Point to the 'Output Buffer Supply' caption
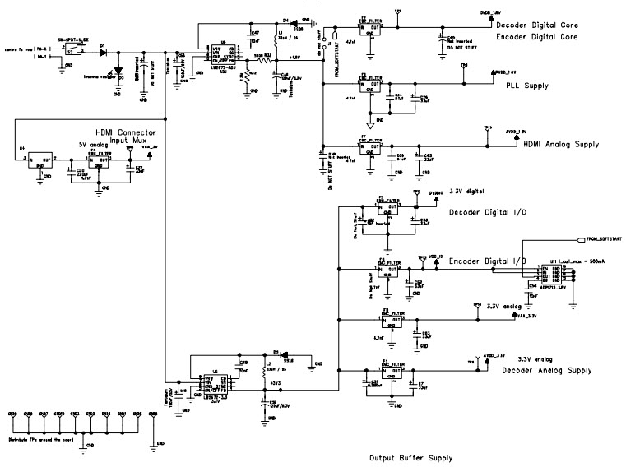(x=410, y=458)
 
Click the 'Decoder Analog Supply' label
(x=546, y=371)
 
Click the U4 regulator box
(x=36, y=160)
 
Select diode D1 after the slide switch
(x=103, y=52)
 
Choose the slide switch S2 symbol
(x=71, y=52)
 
